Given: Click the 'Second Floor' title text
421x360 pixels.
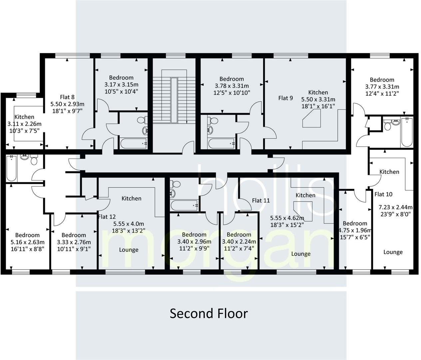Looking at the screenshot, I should [209, 313].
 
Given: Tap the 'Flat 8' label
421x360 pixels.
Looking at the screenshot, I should [67, 97].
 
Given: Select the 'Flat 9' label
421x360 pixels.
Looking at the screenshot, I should [285, 98].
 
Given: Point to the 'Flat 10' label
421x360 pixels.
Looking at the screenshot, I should [383, 194].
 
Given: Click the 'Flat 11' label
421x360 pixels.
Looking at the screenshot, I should [261, 200].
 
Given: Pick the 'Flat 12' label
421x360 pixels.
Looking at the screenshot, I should [107, 217].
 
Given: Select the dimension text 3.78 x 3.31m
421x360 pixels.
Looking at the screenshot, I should [231, 86].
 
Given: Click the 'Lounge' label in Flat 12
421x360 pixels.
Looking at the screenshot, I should [129, 250].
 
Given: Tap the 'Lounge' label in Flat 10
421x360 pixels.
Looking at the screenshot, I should [393, 252].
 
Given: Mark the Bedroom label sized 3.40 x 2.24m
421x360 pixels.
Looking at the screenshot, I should [239, 235].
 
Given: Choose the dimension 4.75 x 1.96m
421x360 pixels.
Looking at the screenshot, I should [355, 230].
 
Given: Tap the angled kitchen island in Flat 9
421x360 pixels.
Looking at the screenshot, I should [311, 119].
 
